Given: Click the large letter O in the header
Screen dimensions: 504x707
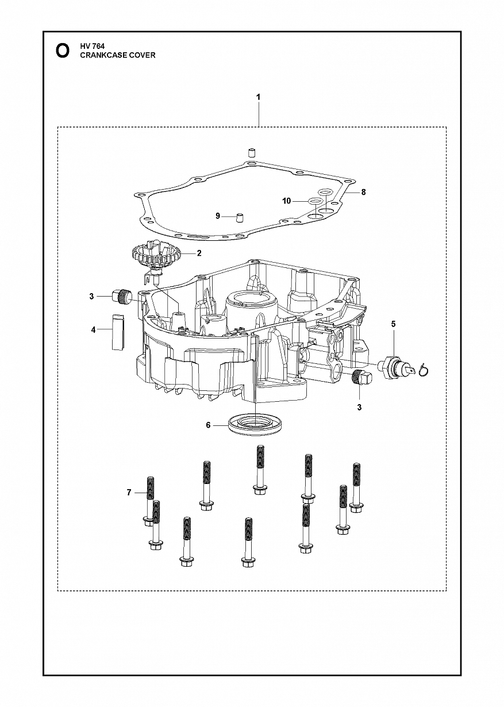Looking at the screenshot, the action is tap(63, 51).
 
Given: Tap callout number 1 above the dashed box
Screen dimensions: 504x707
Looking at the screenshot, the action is tap(258, 97).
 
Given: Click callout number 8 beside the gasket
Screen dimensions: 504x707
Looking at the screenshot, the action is tap(363, 192).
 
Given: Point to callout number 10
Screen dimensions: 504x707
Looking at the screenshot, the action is tap(287, 201).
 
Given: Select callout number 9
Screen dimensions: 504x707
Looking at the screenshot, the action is tap(218, 216).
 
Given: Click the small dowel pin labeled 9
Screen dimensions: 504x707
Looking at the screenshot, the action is tap(240, 218).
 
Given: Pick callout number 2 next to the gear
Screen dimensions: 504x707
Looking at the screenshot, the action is tap(199, 253).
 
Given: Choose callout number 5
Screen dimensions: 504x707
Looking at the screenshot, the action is tap(393, 324).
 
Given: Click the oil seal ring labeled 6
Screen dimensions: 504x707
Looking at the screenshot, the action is tap(255, 424).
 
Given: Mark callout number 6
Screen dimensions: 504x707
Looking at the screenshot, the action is tap(208, 425).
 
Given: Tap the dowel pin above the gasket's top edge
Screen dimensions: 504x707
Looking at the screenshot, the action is tap(251, 152).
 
